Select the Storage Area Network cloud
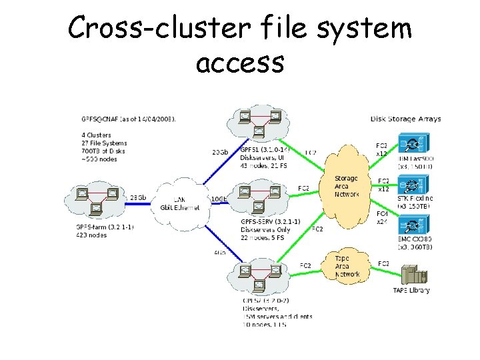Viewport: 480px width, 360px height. [x=346, y=187]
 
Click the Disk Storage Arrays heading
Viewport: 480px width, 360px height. [x=405, y=119]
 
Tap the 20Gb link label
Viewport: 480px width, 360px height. [x=219, y=152]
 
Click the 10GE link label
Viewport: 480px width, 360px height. [x=219, y=199]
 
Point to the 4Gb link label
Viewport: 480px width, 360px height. [x=220, y=252]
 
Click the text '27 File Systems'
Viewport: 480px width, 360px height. [x=104, y=143]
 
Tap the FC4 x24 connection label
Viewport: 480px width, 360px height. [x=383, y=217]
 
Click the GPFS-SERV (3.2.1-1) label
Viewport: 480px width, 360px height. [x=273, y=223]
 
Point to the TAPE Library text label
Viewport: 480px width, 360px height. [x=411, y=290]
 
